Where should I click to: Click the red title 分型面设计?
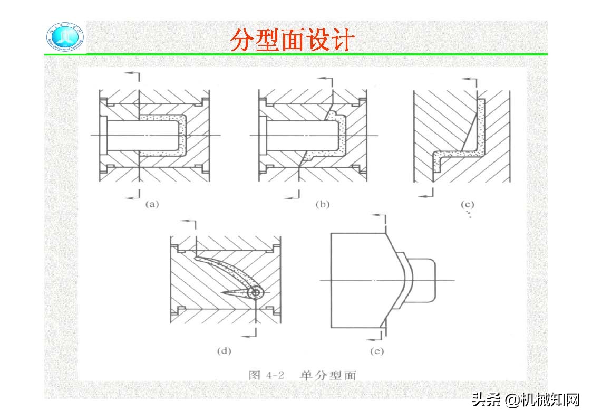290,41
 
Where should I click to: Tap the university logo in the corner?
64,38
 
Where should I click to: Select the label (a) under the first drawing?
152,204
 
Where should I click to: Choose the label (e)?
376,351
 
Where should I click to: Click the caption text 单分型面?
328,375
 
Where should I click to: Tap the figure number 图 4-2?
267,375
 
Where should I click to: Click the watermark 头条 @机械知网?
526,399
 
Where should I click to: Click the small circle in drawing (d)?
257,292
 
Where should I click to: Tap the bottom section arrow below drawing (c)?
427,195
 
